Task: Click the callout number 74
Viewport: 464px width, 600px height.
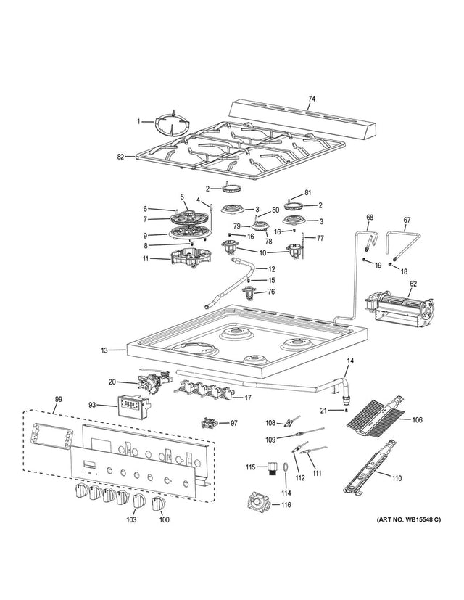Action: click(x=312, y=98)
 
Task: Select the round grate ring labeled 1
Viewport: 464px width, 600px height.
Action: click(x=170, y=125)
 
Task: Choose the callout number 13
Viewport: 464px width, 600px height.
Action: click(x=104, y=350)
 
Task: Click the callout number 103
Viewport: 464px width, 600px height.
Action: click(x=131, y=519)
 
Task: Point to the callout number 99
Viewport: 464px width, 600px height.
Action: click(x=59, y=399)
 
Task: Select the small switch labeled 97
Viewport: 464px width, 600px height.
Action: click(x=210, y=423)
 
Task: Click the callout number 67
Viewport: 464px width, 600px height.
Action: click(x=407, y=219)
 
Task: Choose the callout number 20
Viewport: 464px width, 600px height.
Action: click(x=112, y=382)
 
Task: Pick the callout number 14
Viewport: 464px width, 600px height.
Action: click(x=349, y=360)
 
